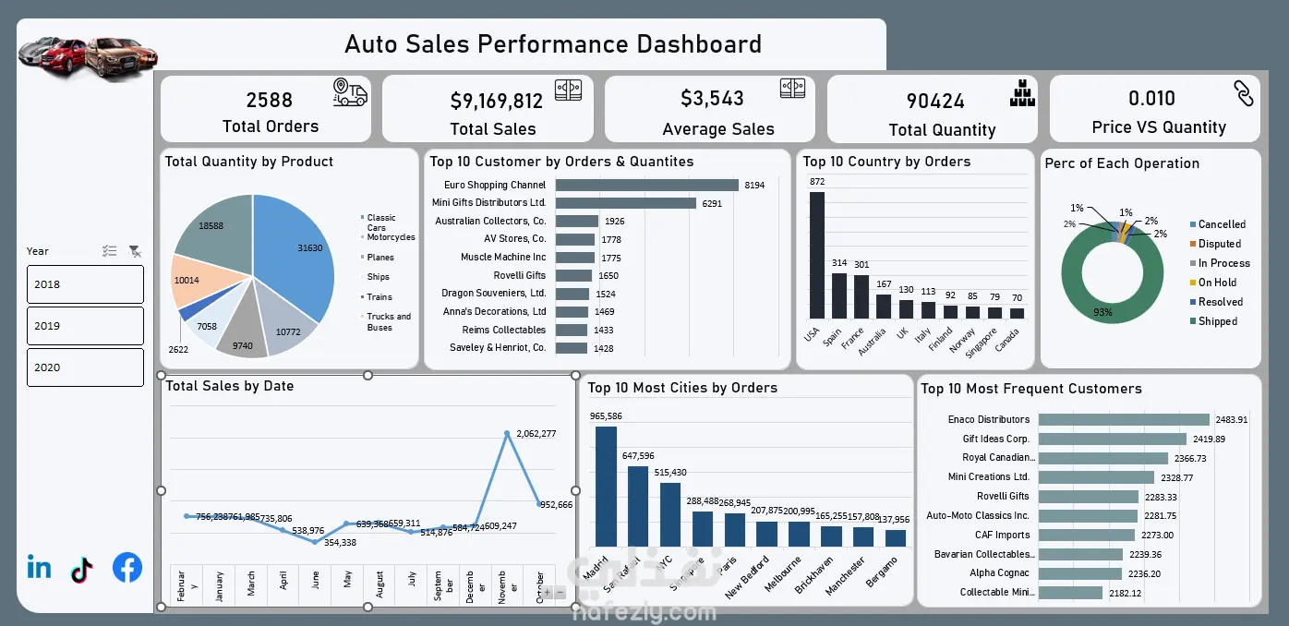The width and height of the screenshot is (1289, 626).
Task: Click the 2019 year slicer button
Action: (85, 326)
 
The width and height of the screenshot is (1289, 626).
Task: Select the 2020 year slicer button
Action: (85, 367)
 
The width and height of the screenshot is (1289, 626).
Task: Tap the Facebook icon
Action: (127, 568)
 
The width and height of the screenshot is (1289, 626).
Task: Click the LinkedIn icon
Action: (40, 567)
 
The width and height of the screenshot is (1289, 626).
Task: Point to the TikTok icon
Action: (82, 570)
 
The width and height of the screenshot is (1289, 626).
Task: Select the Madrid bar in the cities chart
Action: (606, 486)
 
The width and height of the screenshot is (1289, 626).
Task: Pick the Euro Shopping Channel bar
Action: (646, 185)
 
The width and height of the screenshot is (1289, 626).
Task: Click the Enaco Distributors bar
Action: (1123, 419)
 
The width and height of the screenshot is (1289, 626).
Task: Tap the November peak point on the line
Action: (507, 433)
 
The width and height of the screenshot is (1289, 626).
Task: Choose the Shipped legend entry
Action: (1217, 321)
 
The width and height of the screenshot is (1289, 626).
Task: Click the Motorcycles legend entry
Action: (390, 237)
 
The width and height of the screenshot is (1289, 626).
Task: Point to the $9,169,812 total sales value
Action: (496, 101)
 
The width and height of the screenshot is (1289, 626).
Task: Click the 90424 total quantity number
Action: (935, 101)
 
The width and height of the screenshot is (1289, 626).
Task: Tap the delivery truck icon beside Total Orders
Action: (350, 92)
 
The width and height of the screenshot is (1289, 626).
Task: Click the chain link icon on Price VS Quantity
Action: (1243, 93)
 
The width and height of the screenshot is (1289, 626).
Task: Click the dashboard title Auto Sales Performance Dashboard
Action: (552, 43)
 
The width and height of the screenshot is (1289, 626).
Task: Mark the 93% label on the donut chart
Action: (1102, 313)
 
